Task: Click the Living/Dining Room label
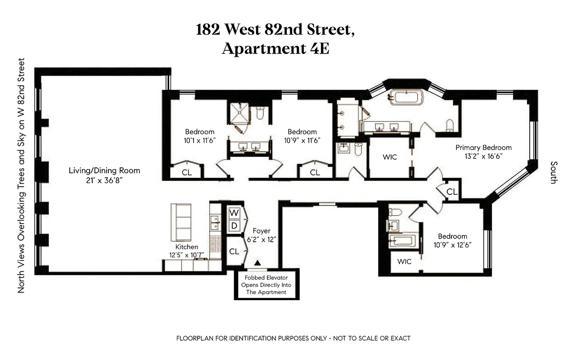tap(104, 171)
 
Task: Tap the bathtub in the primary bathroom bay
tap(406, 97)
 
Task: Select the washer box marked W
tap(234, 212)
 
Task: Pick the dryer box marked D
tap(234, 225)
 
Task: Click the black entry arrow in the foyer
tap(257, 262)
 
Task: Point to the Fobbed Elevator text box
tap(266, 285)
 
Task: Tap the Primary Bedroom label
tap(483, 147)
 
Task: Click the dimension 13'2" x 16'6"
tap(483, 156)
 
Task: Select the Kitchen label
tap(187, 247)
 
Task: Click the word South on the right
tap(553, 172)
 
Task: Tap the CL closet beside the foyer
tap(234, 252)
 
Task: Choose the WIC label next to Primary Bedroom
tap(389, 157)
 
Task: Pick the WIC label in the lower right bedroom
tap(405, 261)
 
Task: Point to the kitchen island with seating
tap(180, 222)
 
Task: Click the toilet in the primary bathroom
tap(449, 124)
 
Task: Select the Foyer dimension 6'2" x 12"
tap(261, 239)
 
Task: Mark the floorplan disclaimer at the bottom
tap(293, 338)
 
